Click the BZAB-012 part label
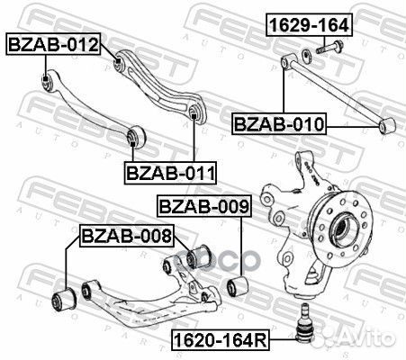[x=52, y=43]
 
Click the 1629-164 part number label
[x=308, y=24]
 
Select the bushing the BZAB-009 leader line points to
[x=239, y=286]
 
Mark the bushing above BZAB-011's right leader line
[x=193, y=112]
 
